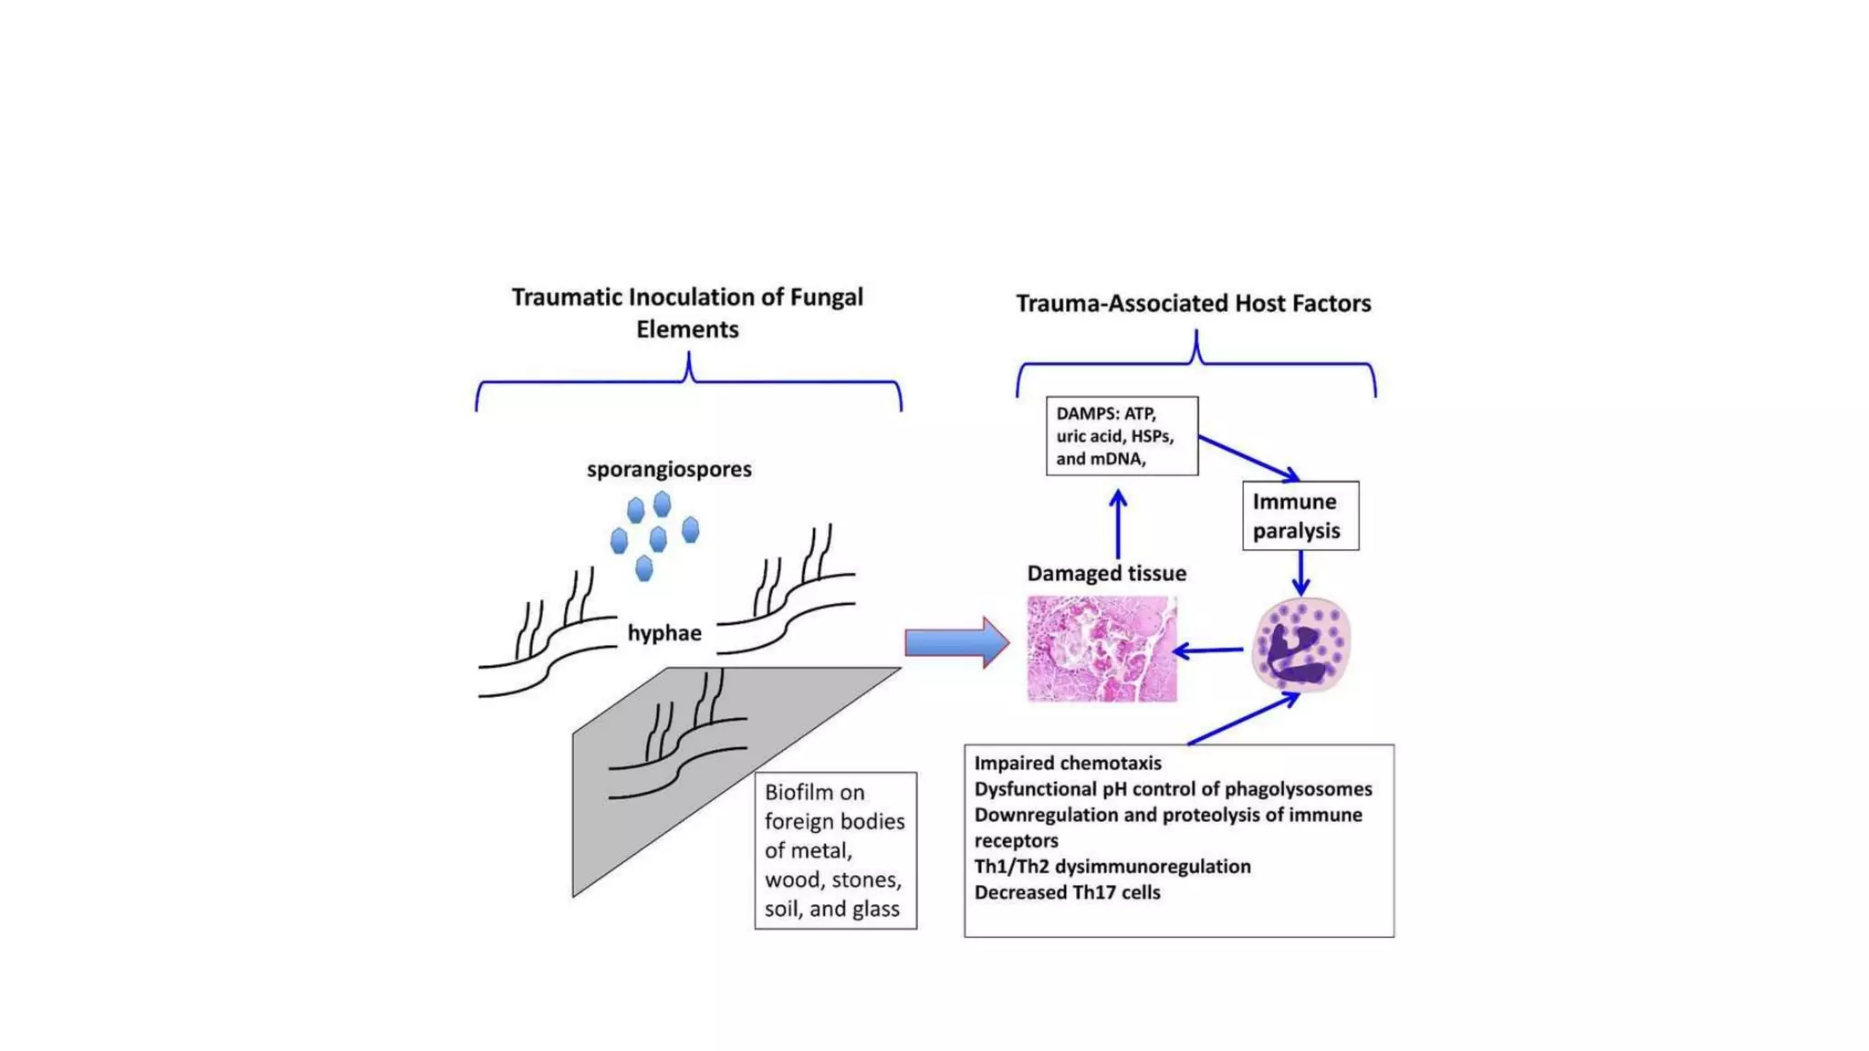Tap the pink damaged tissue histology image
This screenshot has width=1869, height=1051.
tap(1102, 649)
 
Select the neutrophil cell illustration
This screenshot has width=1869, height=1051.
tap(1300, 645)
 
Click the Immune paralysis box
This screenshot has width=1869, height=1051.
tap(1300, 515)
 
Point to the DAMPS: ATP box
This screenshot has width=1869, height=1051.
tap(1122, 436)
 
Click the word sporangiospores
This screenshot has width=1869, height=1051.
tap(669, 469)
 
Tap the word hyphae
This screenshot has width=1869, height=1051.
tap(664, 633)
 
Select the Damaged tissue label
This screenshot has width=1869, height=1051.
tap(1106, 573)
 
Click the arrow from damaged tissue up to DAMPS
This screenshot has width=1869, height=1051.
tap(1118, 525)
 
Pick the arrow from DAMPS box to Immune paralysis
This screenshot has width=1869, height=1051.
tap(1248, 457)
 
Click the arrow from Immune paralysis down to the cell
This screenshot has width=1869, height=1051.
tap(1300, 573)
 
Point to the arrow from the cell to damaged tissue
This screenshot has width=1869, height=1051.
tap(1208, 650)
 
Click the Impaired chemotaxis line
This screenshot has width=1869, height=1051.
tap(1067, 763)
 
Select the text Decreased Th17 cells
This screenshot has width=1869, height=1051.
tap(1067, 892)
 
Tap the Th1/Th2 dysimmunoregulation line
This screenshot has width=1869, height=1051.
tap(1112, 866)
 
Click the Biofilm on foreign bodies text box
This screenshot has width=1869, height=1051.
tap(835, 850)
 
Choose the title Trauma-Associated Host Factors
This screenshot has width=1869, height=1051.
tap(1193, 303)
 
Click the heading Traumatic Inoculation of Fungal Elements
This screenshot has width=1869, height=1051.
tap(687, 313)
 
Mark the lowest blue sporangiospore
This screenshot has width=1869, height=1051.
tap(644, 569)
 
